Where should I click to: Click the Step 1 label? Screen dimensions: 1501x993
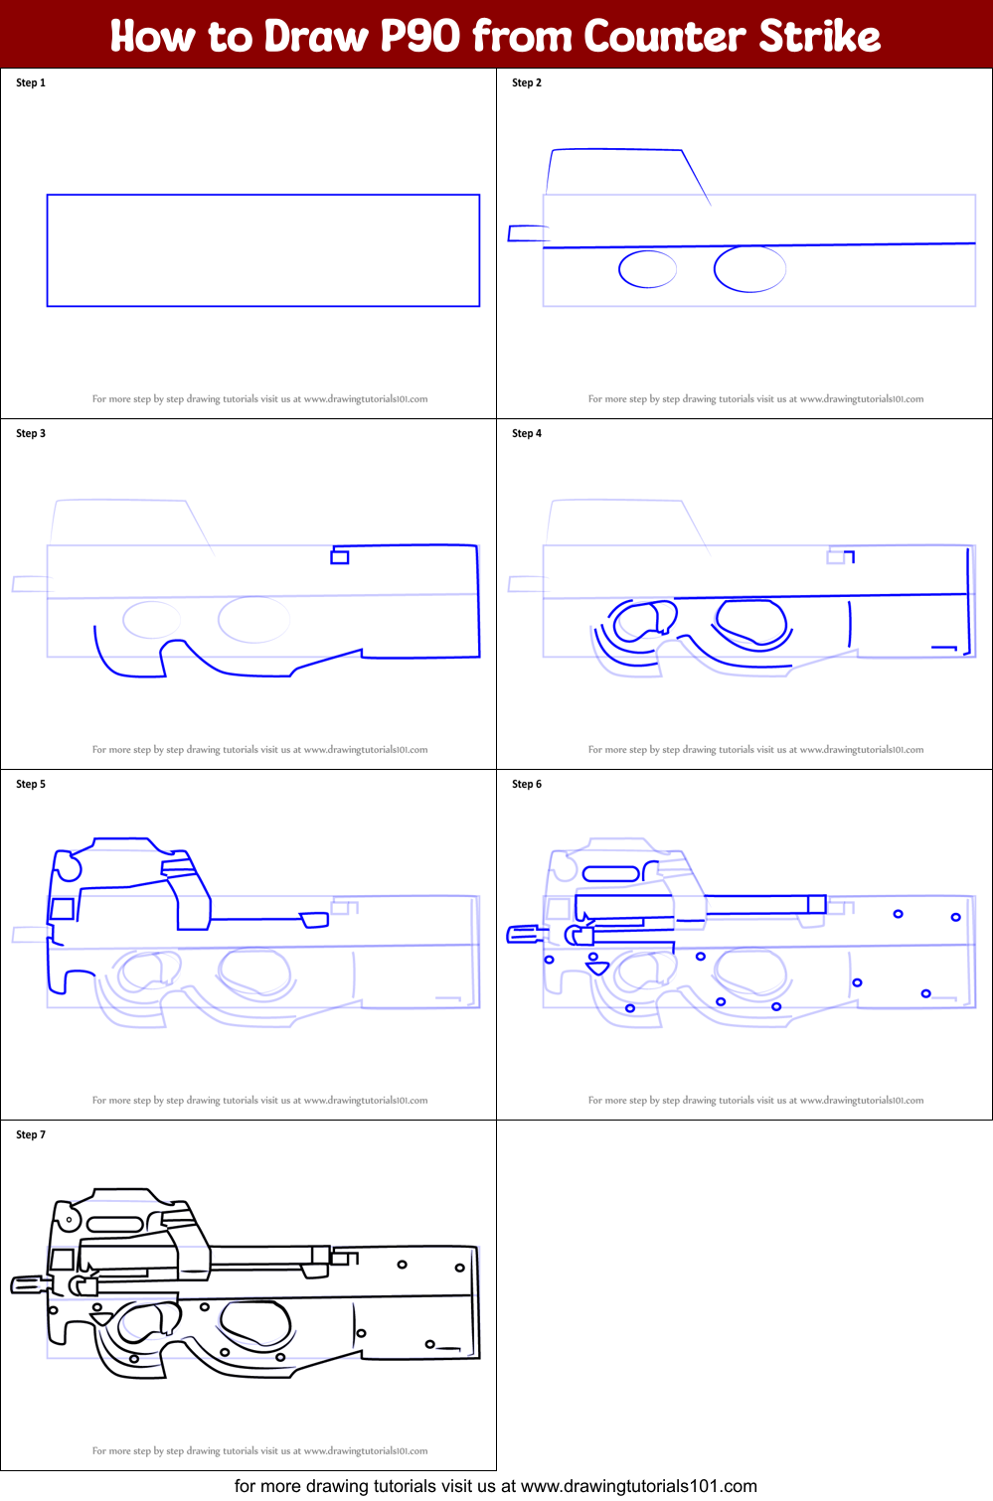click(31, 83)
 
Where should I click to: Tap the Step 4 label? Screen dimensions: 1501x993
click(527, 434)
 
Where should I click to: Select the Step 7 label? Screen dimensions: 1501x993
click(31, 1135)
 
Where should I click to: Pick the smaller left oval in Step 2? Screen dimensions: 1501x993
click(647, 269)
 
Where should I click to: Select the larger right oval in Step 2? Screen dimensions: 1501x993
click(749, 268)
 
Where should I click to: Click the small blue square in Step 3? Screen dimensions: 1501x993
click(340, 557)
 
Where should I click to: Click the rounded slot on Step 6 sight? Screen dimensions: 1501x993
click(610, 874)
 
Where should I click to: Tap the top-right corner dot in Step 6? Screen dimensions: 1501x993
click(955, 917)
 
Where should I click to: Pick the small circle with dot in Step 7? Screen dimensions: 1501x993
click(69, 1219)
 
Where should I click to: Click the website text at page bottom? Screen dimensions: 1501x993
click(495, 1486)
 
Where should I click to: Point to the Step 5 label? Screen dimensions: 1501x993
click(31, 785)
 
